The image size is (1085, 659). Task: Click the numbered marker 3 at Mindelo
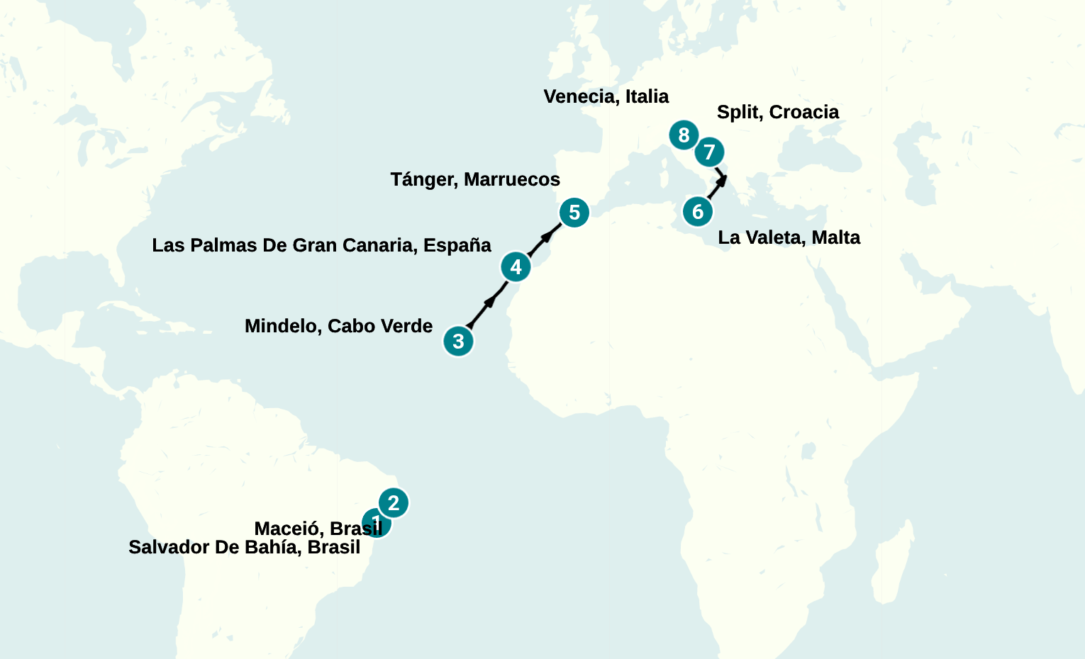click(458, 342)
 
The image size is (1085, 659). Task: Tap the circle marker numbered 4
click(516, 267)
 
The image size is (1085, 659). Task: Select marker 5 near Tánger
click(574, 213)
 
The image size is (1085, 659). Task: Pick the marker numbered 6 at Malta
click(697, 211)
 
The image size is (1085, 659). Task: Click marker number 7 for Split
click(709, 152)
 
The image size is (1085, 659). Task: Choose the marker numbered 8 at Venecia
click(683, 135)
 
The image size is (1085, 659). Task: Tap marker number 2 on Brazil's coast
click(394, 502)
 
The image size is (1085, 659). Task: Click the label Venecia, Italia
click(606, 96)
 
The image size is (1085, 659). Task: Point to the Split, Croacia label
click(777, 112)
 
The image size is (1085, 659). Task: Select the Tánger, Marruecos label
click(475, 179)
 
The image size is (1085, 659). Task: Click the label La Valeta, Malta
click(789, 237)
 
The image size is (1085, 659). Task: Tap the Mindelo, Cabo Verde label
click(338, 326)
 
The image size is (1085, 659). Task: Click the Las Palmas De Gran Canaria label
click(321, 245)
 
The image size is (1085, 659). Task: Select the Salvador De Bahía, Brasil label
click(244, 547)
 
